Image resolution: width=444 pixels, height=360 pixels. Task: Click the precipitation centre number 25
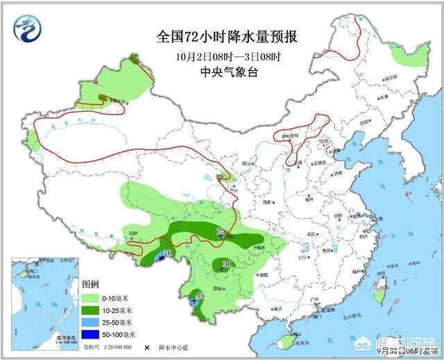(x=221, y=231)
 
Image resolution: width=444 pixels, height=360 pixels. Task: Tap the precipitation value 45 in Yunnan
(x=199, y=296)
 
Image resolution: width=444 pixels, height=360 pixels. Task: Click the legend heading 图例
(x=92, y=284)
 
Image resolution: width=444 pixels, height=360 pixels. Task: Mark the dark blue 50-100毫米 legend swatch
(x=91, y=334)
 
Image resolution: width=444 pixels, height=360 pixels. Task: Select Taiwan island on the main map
(x=378, y=295)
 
